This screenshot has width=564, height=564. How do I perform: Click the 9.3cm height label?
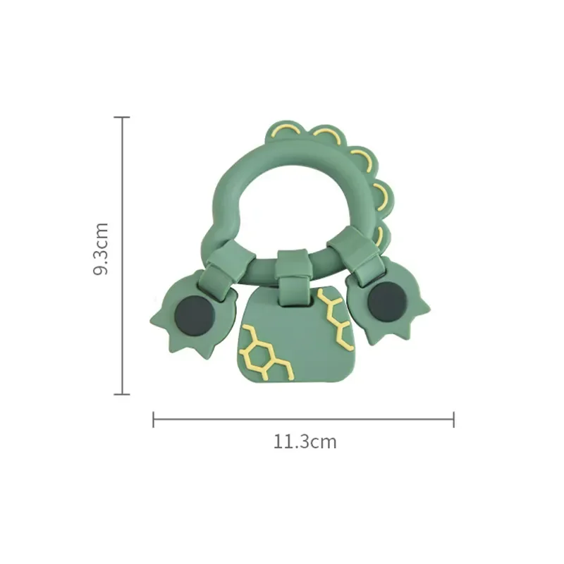102,249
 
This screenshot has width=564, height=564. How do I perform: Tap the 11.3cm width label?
305,442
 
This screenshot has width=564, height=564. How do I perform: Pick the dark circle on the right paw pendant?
387,300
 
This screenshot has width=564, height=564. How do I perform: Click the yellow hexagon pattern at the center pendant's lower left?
264,352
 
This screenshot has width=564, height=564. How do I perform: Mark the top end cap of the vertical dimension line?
122,117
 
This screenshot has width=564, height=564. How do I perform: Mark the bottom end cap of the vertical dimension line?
122,394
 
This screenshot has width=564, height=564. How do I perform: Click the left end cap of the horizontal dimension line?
154,419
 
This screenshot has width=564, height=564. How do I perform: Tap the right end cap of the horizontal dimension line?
453,419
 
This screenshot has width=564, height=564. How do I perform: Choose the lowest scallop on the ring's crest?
381,235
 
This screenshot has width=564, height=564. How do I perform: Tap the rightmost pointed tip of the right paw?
427,307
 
